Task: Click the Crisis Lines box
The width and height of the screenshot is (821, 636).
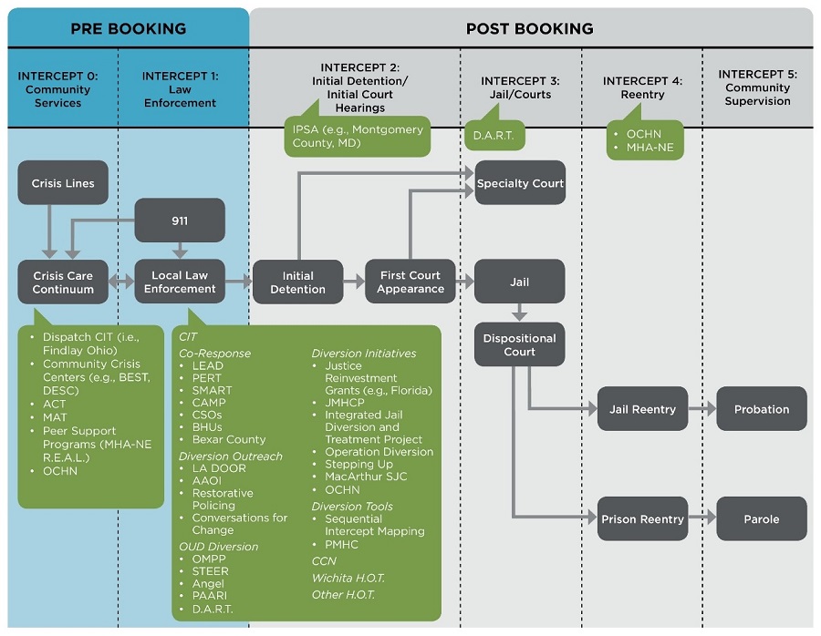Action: point(63,183)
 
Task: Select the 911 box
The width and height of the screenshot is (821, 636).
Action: point(180,221)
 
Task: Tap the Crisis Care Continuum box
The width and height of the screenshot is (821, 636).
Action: point(63,282)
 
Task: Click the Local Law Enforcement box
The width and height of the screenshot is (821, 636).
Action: point(180,282)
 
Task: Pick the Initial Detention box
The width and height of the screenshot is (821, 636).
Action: point(297,282)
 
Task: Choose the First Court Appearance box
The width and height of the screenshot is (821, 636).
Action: point(410,282)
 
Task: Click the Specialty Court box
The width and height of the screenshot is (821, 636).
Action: point(520,183)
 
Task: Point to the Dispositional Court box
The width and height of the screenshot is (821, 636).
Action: point(520,344)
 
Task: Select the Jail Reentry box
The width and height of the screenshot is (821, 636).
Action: point(642,409)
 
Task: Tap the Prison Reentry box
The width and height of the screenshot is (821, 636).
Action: point(642,519)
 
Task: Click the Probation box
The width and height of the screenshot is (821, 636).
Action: point(762,409)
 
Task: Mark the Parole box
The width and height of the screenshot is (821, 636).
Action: point(762,519)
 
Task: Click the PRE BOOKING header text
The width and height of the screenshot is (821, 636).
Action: point(128,28)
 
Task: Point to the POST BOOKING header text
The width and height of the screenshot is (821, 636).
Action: point(529,28)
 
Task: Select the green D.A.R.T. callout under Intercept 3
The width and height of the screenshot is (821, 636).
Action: point(494,136)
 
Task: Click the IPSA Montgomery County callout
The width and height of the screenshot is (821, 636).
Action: point(358,136)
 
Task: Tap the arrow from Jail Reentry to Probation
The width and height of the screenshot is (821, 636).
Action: point(701,409)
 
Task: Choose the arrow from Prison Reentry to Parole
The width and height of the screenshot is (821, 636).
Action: point(701,519)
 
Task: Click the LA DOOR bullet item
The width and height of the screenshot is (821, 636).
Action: point(218,468)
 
